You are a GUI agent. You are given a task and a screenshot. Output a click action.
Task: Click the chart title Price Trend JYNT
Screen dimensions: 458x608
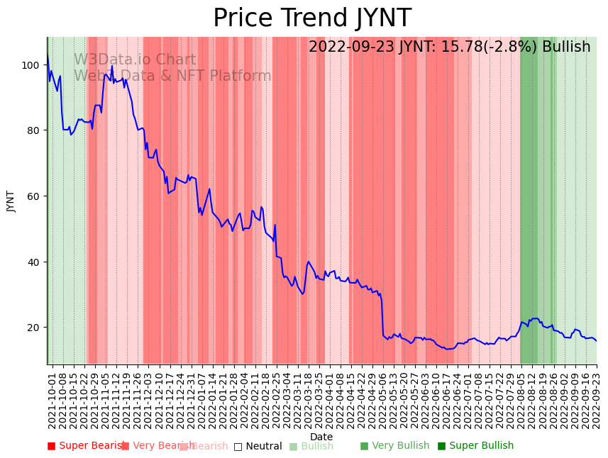click(x=311, y=18)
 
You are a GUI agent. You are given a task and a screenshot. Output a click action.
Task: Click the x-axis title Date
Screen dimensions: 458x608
click(x=321, y=437)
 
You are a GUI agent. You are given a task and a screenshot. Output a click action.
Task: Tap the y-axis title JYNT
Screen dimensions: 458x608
click(x=11, y=201)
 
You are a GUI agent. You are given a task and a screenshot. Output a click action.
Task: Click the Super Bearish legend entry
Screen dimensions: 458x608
click(x=86, y=446)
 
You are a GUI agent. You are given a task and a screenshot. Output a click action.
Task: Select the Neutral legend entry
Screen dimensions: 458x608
click(x=258, y=446)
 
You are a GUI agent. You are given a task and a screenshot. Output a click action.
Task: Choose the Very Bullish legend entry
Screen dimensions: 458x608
click(x=394, y=446)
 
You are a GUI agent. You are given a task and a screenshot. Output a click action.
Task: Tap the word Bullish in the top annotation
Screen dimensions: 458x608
click(x=566, y=48)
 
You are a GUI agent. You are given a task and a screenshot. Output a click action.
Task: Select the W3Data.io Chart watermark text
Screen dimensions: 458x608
click(x=135, y=60)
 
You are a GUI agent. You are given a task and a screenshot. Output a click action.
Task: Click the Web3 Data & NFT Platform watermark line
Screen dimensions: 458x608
click(x=172, y=76)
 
